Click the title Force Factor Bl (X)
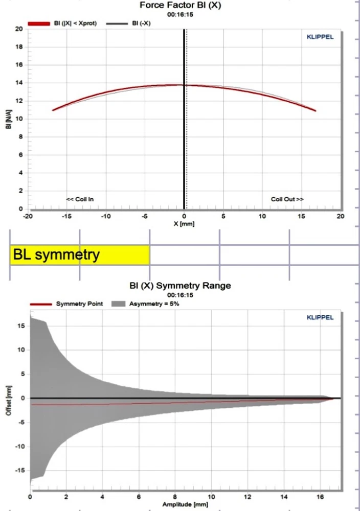pos(184,6)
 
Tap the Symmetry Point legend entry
pos(79,304)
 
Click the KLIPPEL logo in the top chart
pos(320,37)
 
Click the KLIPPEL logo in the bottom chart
pos(320,317)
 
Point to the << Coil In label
pos(80,199)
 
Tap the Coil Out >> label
pos(287,199)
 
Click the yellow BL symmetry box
pos(80,254)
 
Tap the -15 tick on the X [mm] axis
pos(66,217)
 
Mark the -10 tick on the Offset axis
pos(20,447)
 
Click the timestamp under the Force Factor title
pos(184,15)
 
